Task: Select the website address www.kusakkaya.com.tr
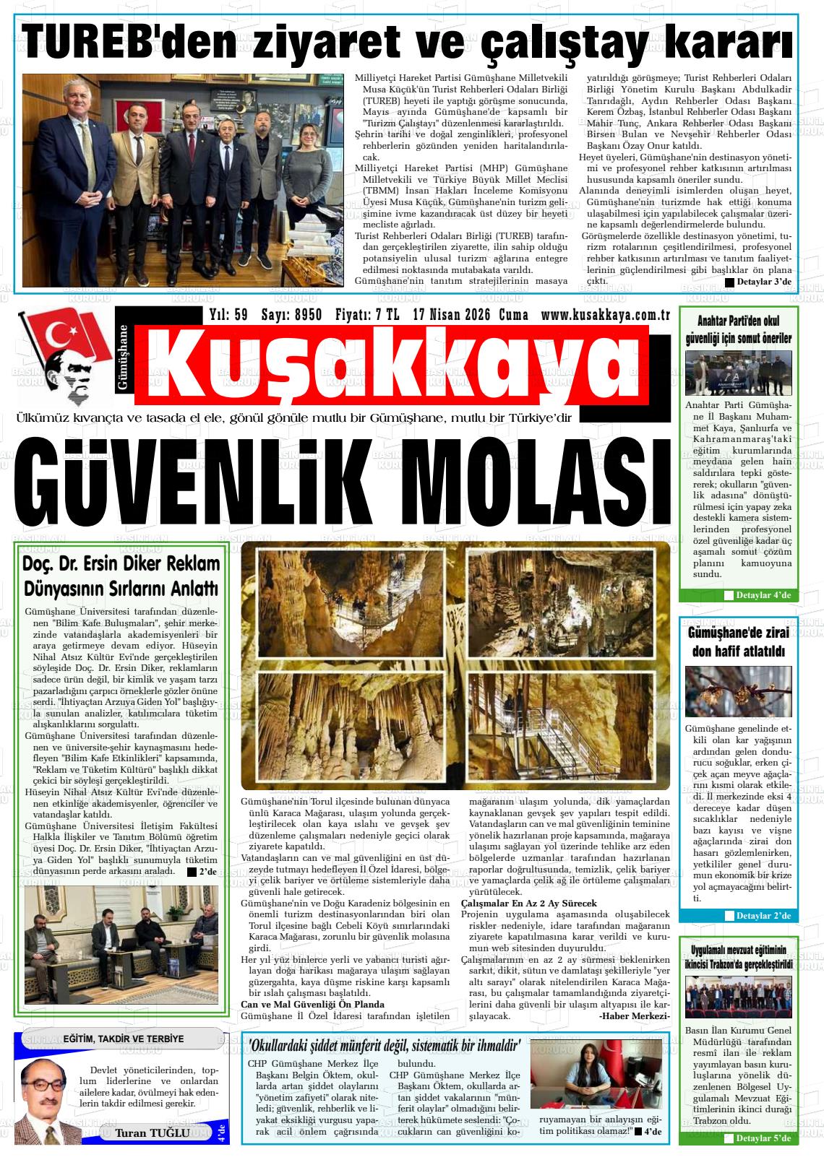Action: click(606, 315)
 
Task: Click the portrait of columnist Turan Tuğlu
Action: click(48, 1100)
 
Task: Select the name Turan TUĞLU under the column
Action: click(153, 1132)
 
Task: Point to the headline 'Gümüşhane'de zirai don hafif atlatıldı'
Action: click(738, 642)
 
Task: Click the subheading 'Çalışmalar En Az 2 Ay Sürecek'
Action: click(528, 904)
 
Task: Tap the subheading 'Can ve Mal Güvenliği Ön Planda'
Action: click(312, 1005)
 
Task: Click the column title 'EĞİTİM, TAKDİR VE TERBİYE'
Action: click(124, 1039)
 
